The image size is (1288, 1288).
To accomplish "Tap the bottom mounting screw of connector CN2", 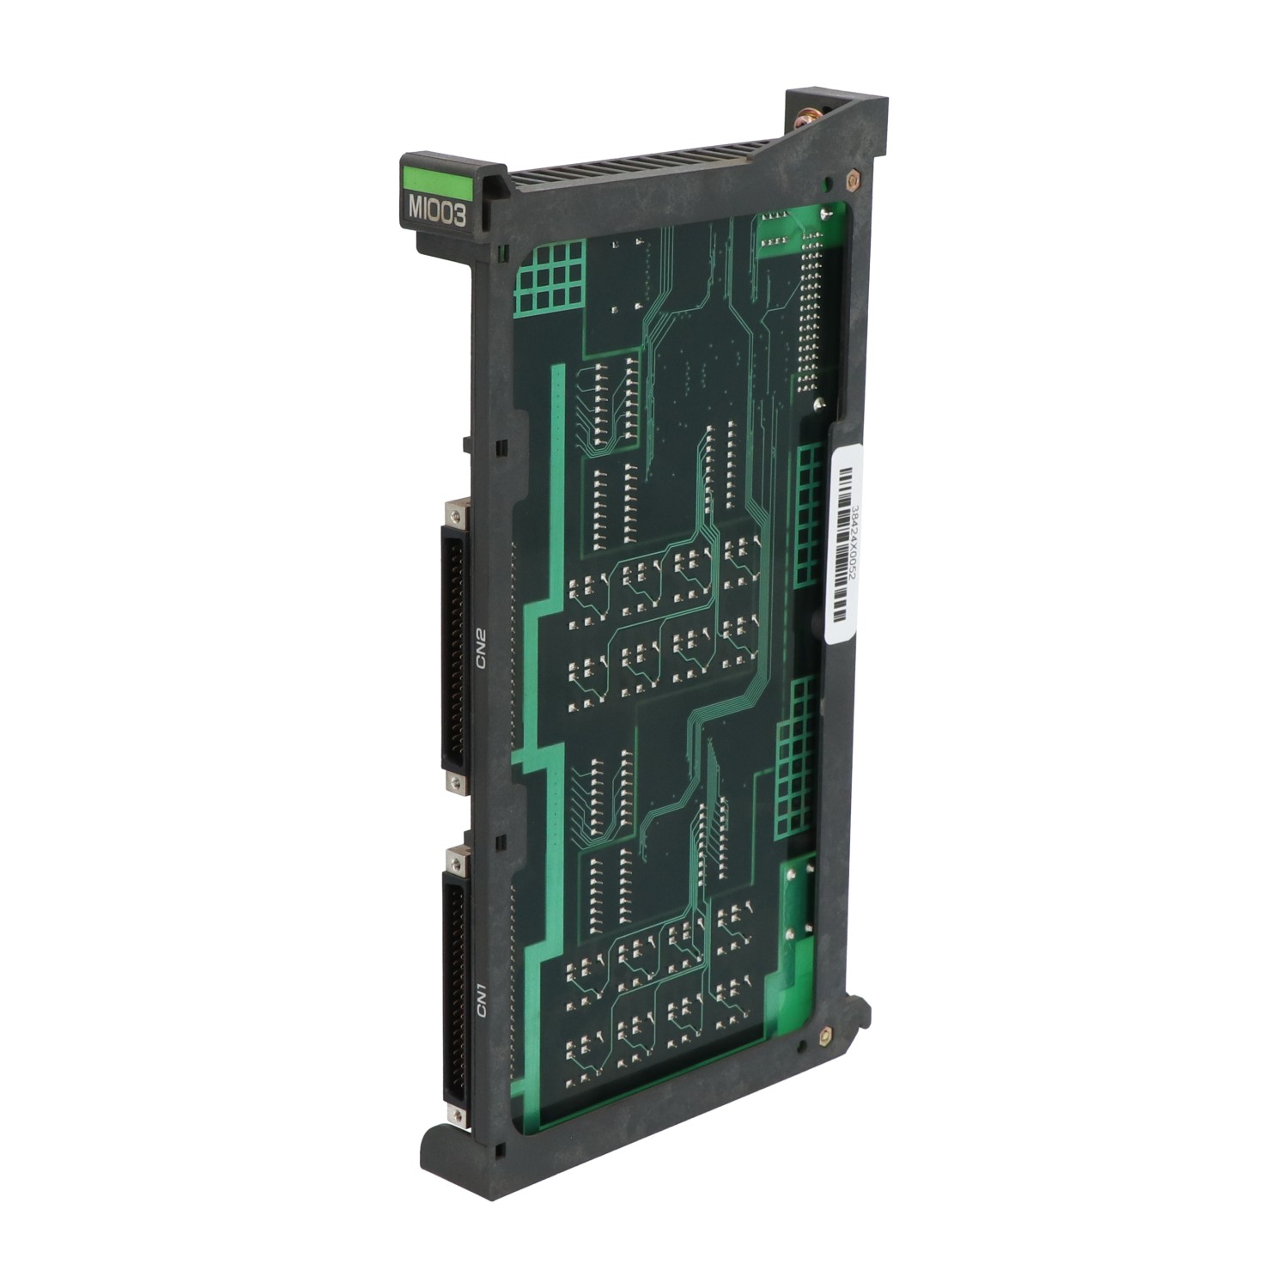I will (x=453, y=781).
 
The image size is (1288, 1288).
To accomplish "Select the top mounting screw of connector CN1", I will (x=453, y=856).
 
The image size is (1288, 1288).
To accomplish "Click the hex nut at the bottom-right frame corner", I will (x=826, y=1036).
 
